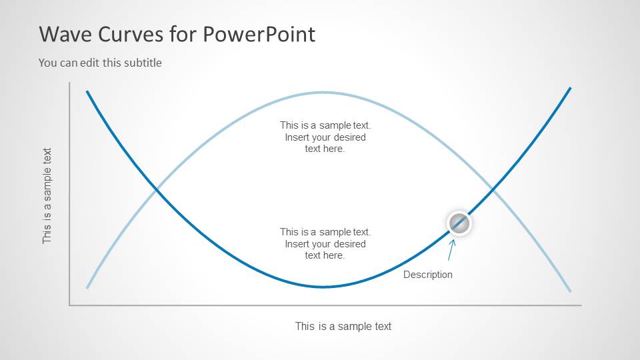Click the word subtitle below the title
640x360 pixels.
(141, 63)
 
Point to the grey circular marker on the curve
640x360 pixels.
(458, 223)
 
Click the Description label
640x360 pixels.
(427, 275)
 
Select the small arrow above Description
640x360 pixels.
(451, 250)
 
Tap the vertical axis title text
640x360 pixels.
(47, 195)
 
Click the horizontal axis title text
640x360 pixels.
(343, 326)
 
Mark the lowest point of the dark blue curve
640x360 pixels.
(323, 287)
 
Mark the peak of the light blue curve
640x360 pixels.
(323, 92)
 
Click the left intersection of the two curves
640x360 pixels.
(156, 191)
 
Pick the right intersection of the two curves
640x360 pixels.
(493, 191)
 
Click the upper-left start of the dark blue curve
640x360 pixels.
(87, 91)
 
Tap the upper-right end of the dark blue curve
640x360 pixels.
(570, 88)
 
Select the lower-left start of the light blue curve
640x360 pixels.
(87, 287)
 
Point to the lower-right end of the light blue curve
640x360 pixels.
(570, 291)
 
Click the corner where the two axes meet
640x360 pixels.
(69, 305)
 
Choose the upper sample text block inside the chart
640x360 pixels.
(325, 137)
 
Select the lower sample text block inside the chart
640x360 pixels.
(325, 243)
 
